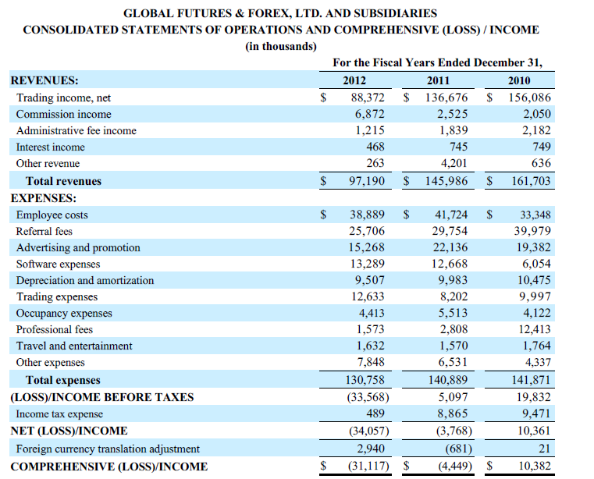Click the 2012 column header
click(354, 81)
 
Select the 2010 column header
click(518, 81)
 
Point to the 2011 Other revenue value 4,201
click(453, 163)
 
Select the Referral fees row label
click(44, 231)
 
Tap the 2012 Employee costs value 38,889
click(367, 215)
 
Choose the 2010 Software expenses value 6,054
click(536, 264)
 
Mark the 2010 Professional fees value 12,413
click(533, 329)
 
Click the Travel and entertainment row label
click(74, 346)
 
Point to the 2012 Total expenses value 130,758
click(364, 380)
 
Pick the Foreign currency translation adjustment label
click(108, 449)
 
